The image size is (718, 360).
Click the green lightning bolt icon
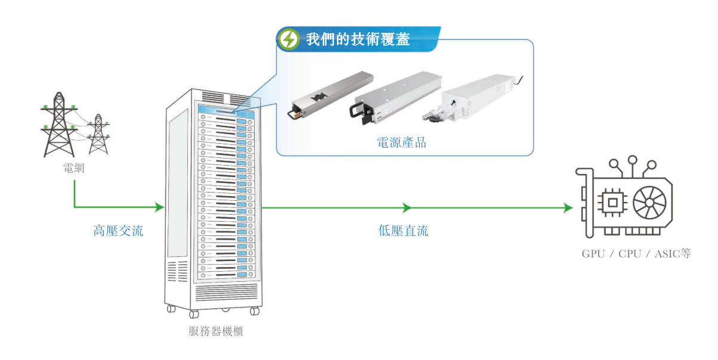pos(289,39)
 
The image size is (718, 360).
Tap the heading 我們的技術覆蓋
pos(358,39)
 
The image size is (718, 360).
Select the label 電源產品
pos(401,142)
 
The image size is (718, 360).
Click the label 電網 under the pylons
pos(74,168)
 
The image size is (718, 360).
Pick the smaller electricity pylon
pos(98,134)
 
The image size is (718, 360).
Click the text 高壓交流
pos(118,231)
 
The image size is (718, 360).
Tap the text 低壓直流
pos(403,231)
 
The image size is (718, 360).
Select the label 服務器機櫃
pos(216,331)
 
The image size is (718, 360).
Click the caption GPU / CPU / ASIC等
pos(636,254)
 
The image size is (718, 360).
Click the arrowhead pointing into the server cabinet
pos(159,207)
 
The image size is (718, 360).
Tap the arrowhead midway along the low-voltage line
pos(407,207)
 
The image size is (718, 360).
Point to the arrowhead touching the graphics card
pos(568,207)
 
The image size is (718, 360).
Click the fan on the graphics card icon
pos(649,203)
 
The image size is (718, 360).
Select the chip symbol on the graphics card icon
pos(612,203)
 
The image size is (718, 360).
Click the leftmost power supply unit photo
pos(330,95)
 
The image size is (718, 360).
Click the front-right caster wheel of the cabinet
pos(255,311)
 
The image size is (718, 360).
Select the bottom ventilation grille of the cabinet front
pos(226,292)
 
